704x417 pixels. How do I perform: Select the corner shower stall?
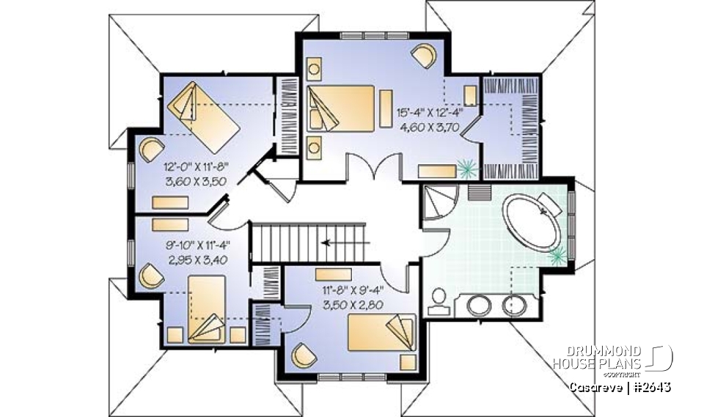coord(440,201)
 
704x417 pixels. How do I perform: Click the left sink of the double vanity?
coord(479,304)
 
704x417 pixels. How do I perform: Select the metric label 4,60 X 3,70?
coord(436,126)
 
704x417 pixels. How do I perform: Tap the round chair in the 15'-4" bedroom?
coord(424,55)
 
